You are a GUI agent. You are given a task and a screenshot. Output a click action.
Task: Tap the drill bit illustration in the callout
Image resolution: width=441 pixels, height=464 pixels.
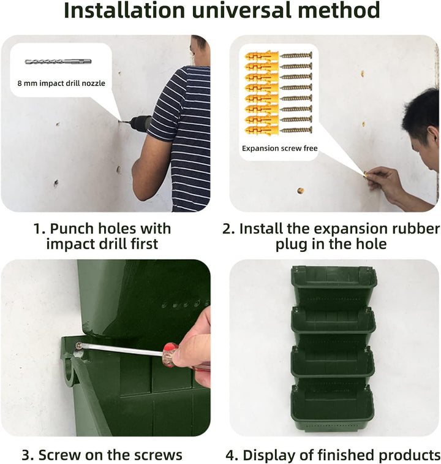[58, 61]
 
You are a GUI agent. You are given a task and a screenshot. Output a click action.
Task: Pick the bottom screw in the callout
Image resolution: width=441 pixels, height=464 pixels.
[296, 130]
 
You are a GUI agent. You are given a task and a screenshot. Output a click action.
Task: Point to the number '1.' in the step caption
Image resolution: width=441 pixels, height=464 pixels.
[39, 229]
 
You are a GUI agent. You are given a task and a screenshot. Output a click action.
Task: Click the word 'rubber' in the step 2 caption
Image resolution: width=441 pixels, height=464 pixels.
[416, 229]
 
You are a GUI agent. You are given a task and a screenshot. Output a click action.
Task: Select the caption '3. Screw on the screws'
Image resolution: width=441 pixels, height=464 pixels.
[102, 455]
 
